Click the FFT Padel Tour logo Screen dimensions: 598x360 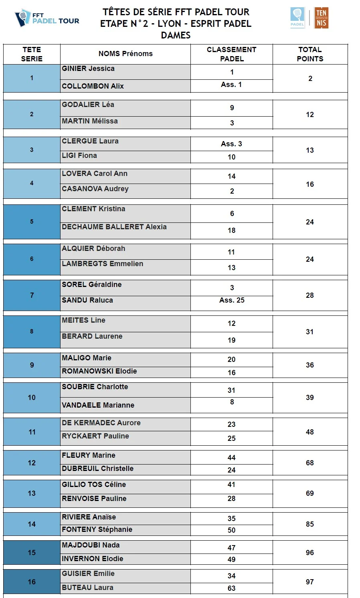47,18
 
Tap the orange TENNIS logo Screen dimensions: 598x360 321,18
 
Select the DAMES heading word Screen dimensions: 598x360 176,35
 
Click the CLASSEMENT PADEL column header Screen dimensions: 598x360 231,54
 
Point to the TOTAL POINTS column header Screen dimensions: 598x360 310,54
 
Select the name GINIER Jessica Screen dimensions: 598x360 88,69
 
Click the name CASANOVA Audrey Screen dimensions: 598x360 95,189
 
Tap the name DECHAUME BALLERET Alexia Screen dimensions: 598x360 114,227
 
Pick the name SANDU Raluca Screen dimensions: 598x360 87,300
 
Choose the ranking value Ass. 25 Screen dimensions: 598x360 232,300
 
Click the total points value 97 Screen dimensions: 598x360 310,582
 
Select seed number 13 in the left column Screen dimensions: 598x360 32,493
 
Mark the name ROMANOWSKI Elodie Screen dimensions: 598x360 99,371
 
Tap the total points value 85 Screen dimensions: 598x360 310,524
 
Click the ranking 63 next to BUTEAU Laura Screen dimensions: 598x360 232,588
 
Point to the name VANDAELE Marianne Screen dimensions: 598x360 98,405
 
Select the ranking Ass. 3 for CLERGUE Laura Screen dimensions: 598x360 232,144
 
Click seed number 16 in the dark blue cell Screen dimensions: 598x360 32,582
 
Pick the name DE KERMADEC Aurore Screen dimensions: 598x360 101,423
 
